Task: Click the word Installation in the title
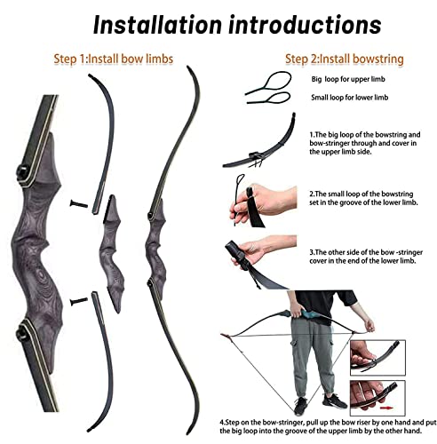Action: [157, 25]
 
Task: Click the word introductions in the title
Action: [306, 25]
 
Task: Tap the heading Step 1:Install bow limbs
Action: [114, 59]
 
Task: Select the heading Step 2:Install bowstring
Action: [345, 59]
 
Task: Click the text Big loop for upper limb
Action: [348, 79]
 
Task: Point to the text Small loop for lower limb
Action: [349, 98]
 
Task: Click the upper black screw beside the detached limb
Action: [79, 203]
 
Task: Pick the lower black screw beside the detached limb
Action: [79, 301]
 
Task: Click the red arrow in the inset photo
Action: [386, 408]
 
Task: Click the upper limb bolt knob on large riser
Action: [22, 171]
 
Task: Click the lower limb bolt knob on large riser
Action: [22, 333]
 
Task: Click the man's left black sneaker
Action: [334, 401]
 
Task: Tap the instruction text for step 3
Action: [366, 257]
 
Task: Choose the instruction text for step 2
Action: [363, 198]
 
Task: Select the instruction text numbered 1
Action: [365, 143]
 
